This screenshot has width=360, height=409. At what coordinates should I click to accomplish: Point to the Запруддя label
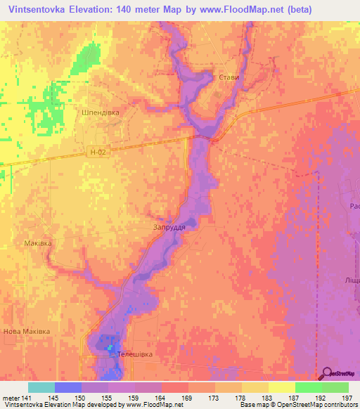click(x=169, y=228)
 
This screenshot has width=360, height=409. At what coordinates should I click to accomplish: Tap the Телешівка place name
click(x=134, y=354)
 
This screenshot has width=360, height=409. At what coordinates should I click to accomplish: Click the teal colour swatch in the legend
click(x=41, y=387)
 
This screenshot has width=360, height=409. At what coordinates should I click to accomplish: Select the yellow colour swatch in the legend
click(x=281, y=387)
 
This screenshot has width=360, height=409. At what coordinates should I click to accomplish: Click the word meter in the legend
click(x=10, y=397)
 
